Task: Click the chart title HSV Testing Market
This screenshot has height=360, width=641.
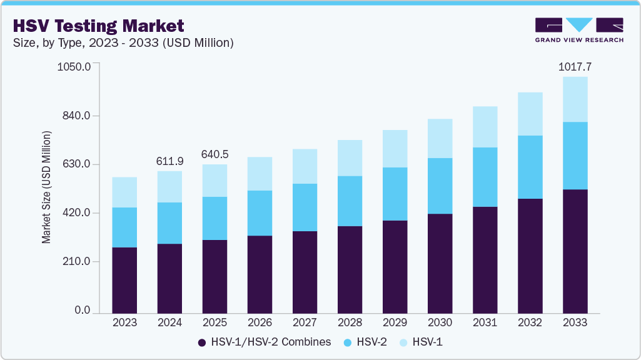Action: pyautogui.click(x=98, y=26)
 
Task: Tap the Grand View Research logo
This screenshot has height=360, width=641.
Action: pyautogui.click(x=578, y=29)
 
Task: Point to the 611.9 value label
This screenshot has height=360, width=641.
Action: pyautogui.click(x=169, y=161)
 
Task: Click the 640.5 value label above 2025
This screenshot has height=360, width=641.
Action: pyautogui.click(x=215, y=154)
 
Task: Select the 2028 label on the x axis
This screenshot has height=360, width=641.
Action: pyautogui.click(x=350, y=322)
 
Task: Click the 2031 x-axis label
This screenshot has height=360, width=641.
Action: pyautogui.click(x=485, y=322)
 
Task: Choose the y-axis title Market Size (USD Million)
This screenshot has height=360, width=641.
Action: pyautogui.click(x=46, y=187)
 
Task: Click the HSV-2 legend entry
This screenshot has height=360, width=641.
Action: pyautogui.click(x=366, y=342)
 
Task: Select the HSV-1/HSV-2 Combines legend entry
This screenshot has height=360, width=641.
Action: pyautogui.click(x=264, y=342)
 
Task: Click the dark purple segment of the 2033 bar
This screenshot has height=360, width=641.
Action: pyautogui.click(x=575, y=250)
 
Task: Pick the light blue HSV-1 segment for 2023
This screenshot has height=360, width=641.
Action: pyautogui.click(x=124, y=192)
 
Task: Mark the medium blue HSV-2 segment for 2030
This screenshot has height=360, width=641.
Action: pyautogui.click(x=440, y=186)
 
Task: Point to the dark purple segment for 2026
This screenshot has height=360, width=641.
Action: pyautogui.click(x=260, y=274)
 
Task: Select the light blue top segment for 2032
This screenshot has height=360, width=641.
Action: pyautogui.click(x=530, y=114)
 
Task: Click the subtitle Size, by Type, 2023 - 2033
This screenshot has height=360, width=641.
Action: pyautogui.click(x=123, y=43)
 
